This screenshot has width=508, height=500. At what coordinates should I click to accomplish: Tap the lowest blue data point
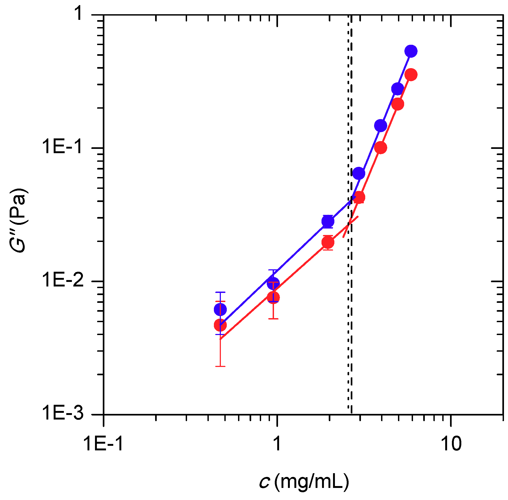click(220, 309)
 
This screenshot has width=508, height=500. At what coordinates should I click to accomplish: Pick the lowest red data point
click(220, 325)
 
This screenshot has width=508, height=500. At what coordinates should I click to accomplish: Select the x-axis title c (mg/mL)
click(304, 481)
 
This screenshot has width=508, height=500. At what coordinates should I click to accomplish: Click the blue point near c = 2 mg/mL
click(328, 221)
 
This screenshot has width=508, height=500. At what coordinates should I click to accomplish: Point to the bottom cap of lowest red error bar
click(220, 366)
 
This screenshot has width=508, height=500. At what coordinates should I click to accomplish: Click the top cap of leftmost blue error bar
click(220, 292)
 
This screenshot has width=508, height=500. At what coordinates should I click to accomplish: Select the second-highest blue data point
click(397, 89)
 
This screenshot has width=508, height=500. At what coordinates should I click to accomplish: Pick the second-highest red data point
click(397, 104)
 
